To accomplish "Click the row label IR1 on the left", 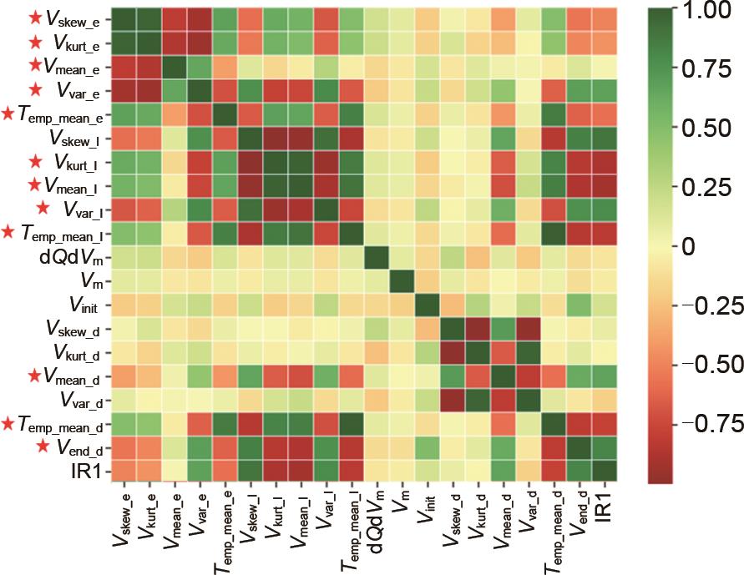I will click(89, 472).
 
